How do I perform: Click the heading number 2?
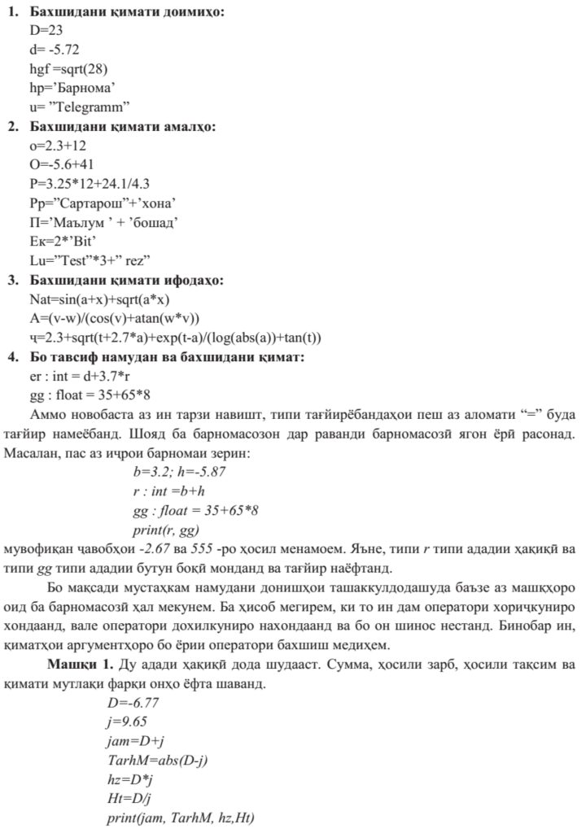(14, 127)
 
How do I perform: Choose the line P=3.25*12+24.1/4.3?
(90, 183)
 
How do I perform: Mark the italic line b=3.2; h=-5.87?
(178, 472)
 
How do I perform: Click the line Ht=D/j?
(125, 797)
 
